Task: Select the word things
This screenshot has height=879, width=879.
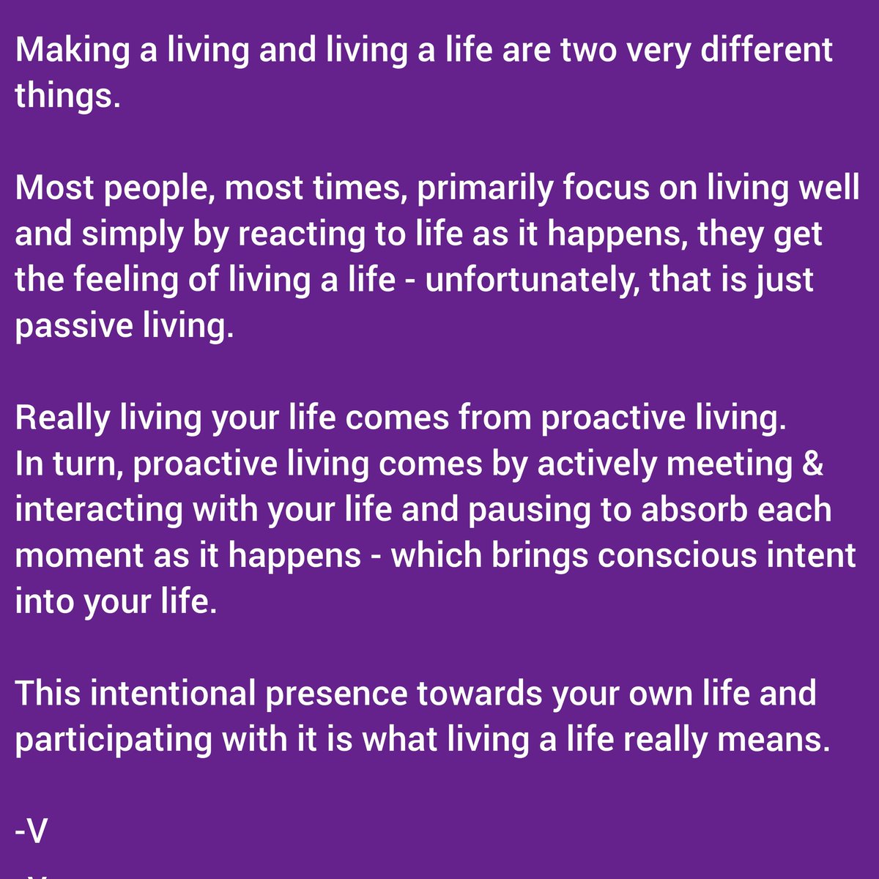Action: pyautogui.click(x=67, y=96)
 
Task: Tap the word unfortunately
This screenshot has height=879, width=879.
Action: pyautogui.click(x=528, y=281)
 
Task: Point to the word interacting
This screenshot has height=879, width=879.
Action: pyautogui.click(x=98, y=511)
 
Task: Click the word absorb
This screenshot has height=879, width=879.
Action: pyautogui.click(x=694, y=511)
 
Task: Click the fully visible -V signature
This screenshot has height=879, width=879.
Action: pyautogui.click(x=31, y=832)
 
